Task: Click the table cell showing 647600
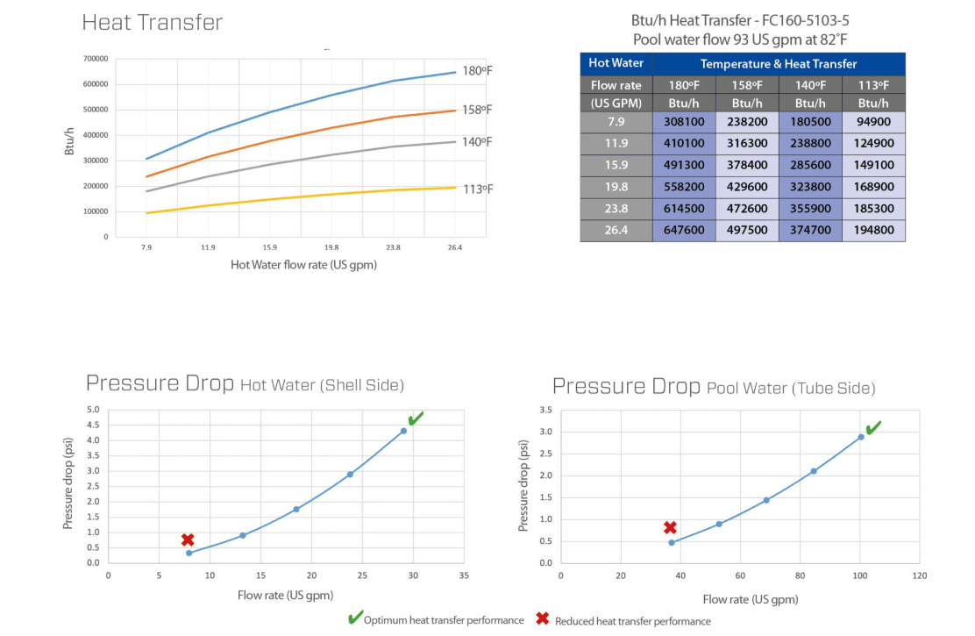[684, 231]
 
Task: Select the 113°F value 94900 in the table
[873, 122]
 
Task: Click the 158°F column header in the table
[747, 85]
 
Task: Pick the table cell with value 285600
[810, 166]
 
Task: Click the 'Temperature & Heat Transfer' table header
[779, 63]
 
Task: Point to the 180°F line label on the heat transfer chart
[478, 70]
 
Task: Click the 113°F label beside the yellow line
[478, 189]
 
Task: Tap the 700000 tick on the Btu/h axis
[96, 59]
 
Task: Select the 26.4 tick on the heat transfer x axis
[454, 248]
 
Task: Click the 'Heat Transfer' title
[153, 23]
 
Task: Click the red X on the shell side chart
[188, 540]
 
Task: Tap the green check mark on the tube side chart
[872, 428]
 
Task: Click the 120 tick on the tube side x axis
[920, 576]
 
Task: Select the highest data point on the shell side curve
[403, 431]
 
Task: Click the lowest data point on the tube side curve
[672, 543]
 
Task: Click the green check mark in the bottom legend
[354, 619]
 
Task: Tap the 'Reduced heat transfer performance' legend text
[633, 621]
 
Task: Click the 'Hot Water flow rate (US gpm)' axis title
[303, 265]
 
